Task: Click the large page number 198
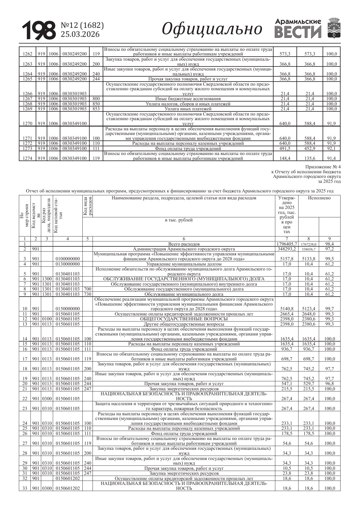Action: (x=39, y=30)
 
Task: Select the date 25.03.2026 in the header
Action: (x=80, y=35)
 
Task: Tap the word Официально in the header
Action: (x=212, y=29)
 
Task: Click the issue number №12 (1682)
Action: (x=82, y=26)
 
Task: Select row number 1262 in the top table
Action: (x=27, y=54)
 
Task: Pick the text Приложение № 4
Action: (x=323, y=167)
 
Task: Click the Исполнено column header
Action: (x=319, y=198)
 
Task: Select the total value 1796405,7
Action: (x=287, y=244)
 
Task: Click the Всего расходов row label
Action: (x=184, y=244)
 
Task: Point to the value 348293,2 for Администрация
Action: (x=286, y=249)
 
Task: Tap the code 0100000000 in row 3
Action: (x=68, y=259)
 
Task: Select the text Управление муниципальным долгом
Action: (x=184, y=264)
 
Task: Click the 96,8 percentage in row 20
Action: (x=329, y=384)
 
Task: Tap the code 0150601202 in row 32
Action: (x=68, y=479)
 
